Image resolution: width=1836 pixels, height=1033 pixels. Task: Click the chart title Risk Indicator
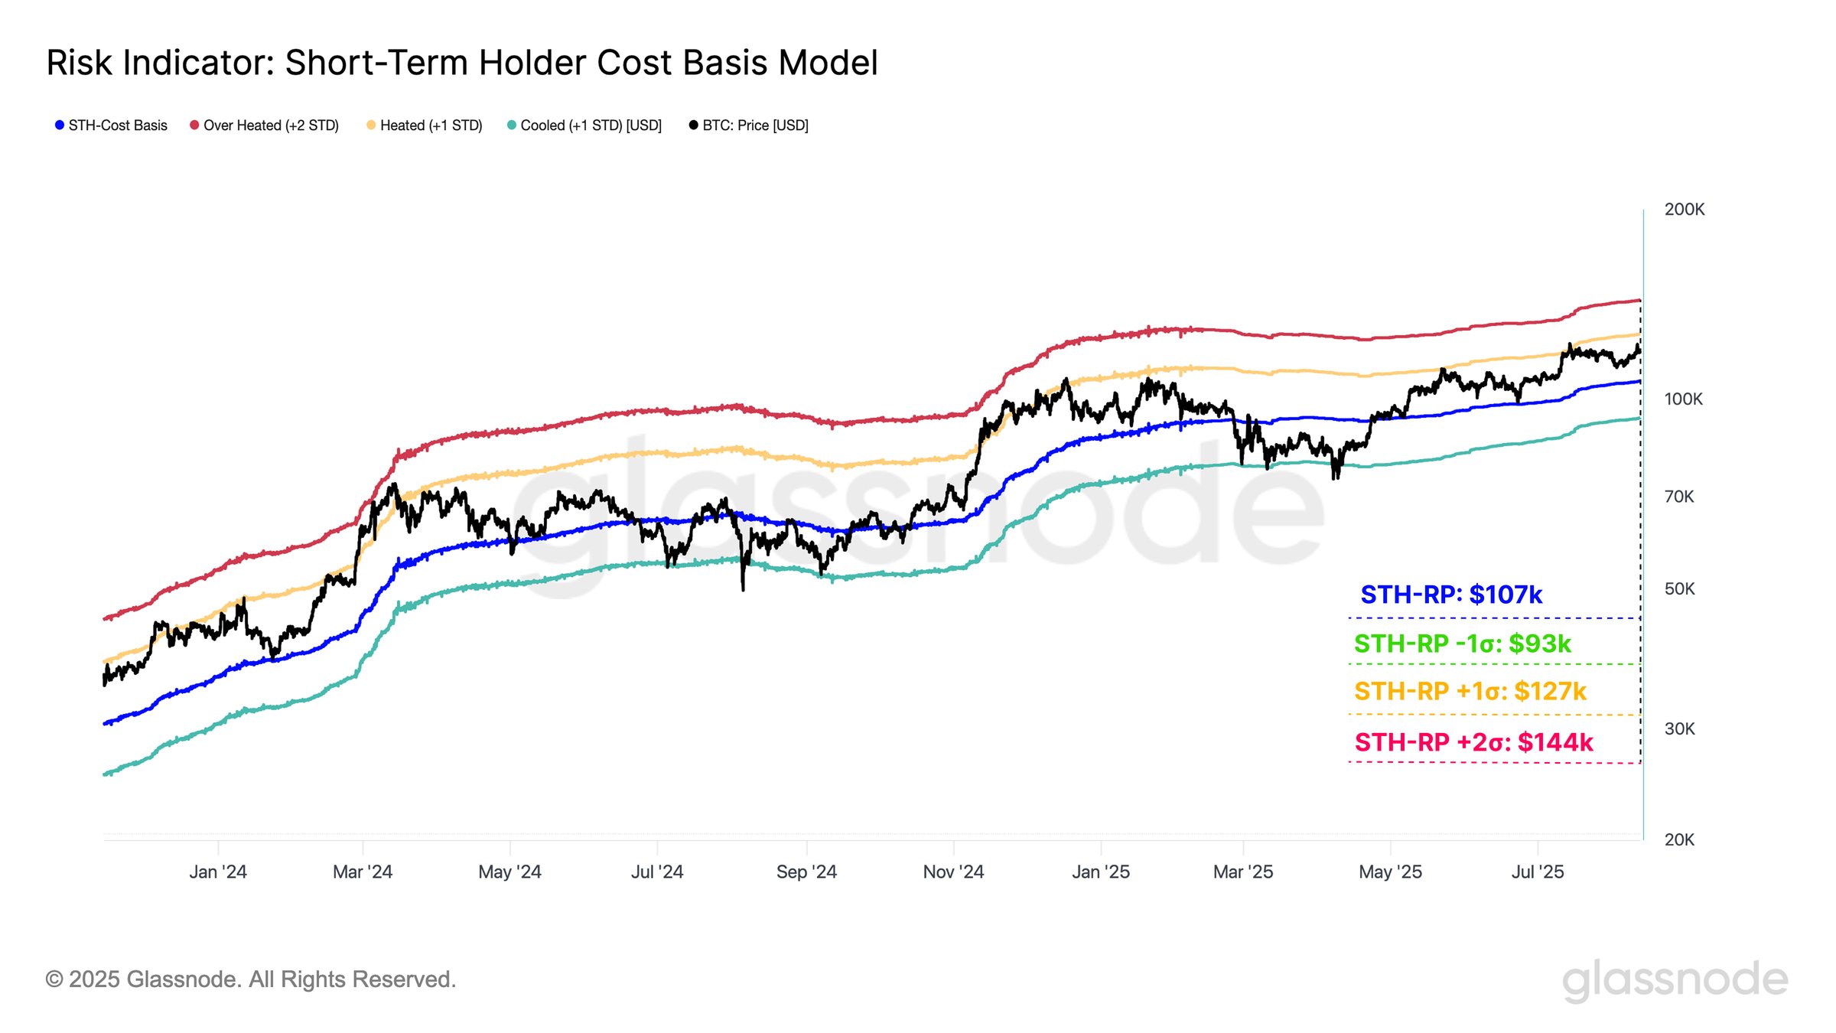tap(461, 63)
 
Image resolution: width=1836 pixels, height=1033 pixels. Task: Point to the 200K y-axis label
tap(1684, 210)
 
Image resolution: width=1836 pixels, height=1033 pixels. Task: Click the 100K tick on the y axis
tap(1683, 399)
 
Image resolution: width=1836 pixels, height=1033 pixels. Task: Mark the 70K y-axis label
tap(1679, 497)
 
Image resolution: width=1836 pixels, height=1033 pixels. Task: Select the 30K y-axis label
tap(1679, 729)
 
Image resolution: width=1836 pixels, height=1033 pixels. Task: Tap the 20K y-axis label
tap(1679, 840)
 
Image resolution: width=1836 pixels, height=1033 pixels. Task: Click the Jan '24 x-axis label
tap(218, 872)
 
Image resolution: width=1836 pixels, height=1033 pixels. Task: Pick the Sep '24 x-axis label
tap(806, 872)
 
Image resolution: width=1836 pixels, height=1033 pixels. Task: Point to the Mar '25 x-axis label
tap(1243, 872)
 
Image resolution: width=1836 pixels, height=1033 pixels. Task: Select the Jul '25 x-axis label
tap(1538, 872)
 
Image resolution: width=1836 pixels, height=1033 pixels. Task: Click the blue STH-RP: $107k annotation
tap(1451, 595)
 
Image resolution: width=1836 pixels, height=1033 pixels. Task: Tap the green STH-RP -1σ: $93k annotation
tap(1462, 644)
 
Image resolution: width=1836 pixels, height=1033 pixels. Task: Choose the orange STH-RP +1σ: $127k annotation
tap(1470, 692)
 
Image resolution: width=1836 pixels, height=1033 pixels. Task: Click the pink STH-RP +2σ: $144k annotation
tap(1473, 742)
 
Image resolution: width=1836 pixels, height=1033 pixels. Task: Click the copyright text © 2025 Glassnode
tap(250, 979)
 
